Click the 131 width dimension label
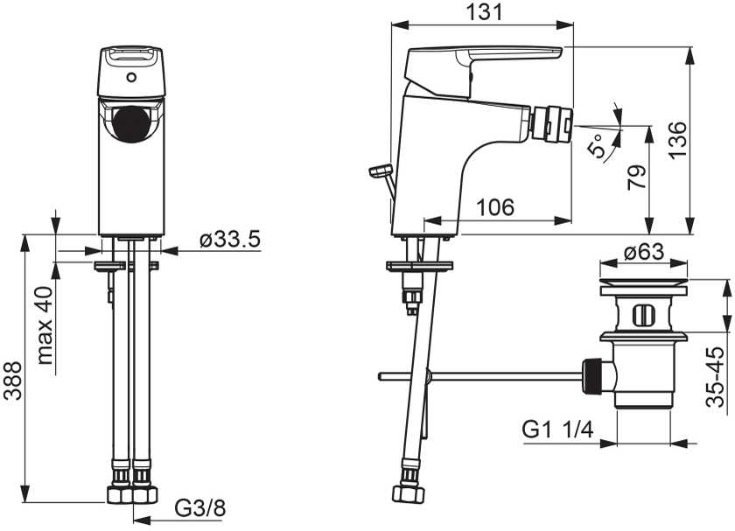(484, 11)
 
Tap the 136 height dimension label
(677, 141)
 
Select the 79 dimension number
(637, 178)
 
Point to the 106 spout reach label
(495, 206)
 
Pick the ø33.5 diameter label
(229, 241)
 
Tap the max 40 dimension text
(45, 325)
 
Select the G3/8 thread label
(200, 507)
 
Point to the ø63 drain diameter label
(644, 252)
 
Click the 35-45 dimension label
(716, 377)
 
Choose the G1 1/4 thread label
(558, 430)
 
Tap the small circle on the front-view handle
(132, 77)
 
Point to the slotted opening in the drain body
(643, 315)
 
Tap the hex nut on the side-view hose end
(409, 493)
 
